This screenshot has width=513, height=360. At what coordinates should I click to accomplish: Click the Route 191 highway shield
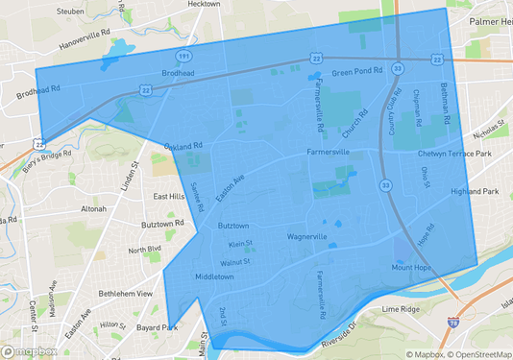(182, 57)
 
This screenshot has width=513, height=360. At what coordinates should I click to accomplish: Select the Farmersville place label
(328, 152)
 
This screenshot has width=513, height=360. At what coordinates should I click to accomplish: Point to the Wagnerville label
(307, 236)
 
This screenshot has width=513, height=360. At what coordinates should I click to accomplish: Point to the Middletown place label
(214, 276)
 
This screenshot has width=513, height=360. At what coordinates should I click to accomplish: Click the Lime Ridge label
(403, 310)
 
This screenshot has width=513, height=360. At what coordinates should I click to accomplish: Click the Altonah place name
(93, 208)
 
